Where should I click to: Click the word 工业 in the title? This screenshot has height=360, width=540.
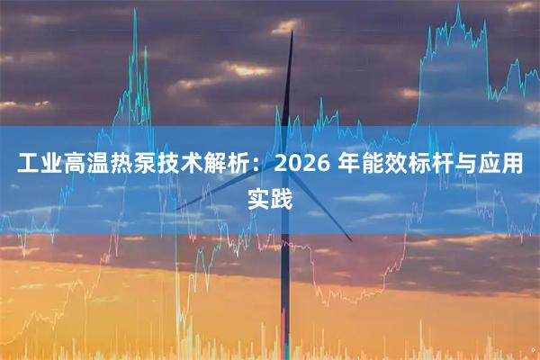pyautogui.click(x=37, y=166)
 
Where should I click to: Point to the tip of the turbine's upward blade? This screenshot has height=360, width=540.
pyautogui.click(x=292, y=32)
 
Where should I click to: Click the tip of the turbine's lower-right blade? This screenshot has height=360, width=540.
pyautogui.click(x=352, y=240)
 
